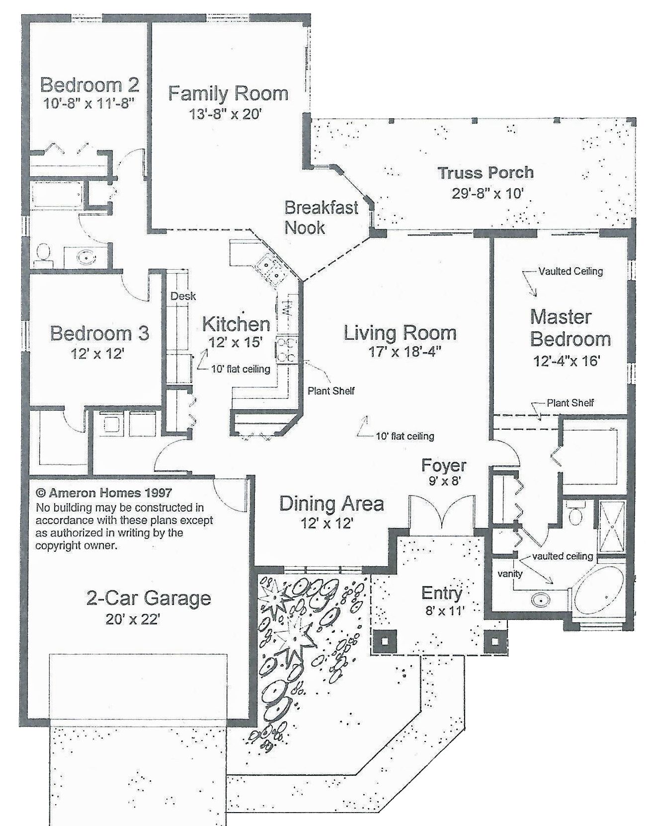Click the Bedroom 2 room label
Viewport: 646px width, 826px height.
(89, 85)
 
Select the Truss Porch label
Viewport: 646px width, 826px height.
(485, 173)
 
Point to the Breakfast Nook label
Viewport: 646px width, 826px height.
(321, 217)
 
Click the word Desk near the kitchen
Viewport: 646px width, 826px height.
(183, 296)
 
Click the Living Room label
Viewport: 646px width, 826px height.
(400, 333)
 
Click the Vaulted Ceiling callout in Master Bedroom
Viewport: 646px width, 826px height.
(570, 271)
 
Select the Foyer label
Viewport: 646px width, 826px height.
(444, 465)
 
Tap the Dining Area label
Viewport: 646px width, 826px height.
(331, 503)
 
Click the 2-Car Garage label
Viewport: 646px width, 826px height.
(149, 598)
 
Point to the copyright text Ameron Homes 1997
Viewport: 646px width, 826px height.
(104, 493)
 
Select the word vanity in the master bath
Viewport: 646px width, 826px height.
(510, 574)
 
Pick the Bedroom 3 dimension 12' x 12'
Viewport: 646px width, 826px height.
(97, 354)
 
